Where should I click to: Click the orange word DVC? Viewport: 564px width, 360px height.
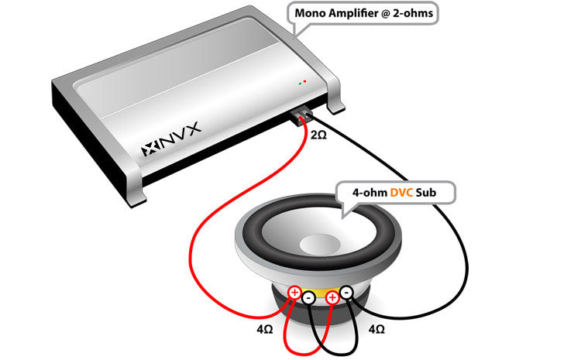pyautogui.click(x=401, y=193)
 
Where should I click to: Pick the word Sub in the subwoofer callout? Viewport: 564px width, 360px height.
pyautogui.click(x=426, y=193)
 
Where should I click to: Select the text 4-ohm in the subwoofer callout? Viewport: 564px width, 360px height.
pyautogui.click(x=370, y=193)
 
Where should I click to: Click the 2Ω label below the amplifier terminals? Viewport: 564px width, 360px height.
pyautogui.click(x=318, y=135)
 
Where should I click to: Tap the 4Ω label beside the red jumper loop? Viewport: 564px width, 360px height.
pyautogui.click(x=265, y=329)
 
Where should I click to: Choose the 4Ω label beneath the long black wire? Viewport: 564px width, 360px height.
pyautogui.click(x=377, y=329)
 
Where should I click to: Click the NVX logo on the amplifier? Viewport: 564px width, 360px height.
pyautogui.click(x=170, y=139)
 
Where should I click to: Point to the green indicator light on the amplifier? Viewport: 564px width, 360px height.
pyautogui.click(x=300, y=84)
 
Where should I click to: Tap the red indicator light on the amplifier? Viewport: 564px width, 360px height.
pyautogui.click(x=305, y=81)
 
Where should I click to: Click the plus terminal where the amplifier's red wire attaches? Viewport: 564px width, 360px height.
pyautogui.click(x=294, y=293)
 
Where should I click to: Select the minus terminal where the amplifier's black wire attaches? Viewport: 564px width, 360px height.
pyautogui.click(x=346, y=293)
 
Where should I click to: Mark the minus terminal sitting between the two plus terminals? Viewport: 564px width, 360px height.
pyautogui.click(x=308, y=298)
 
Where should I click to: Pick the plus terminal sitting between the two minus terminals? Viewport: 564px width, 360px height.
pyautogui.click(x=332, y=298)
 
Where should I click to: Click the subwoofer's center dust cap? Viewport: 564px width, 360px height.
pyautogui.click(x=320, y=245)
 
